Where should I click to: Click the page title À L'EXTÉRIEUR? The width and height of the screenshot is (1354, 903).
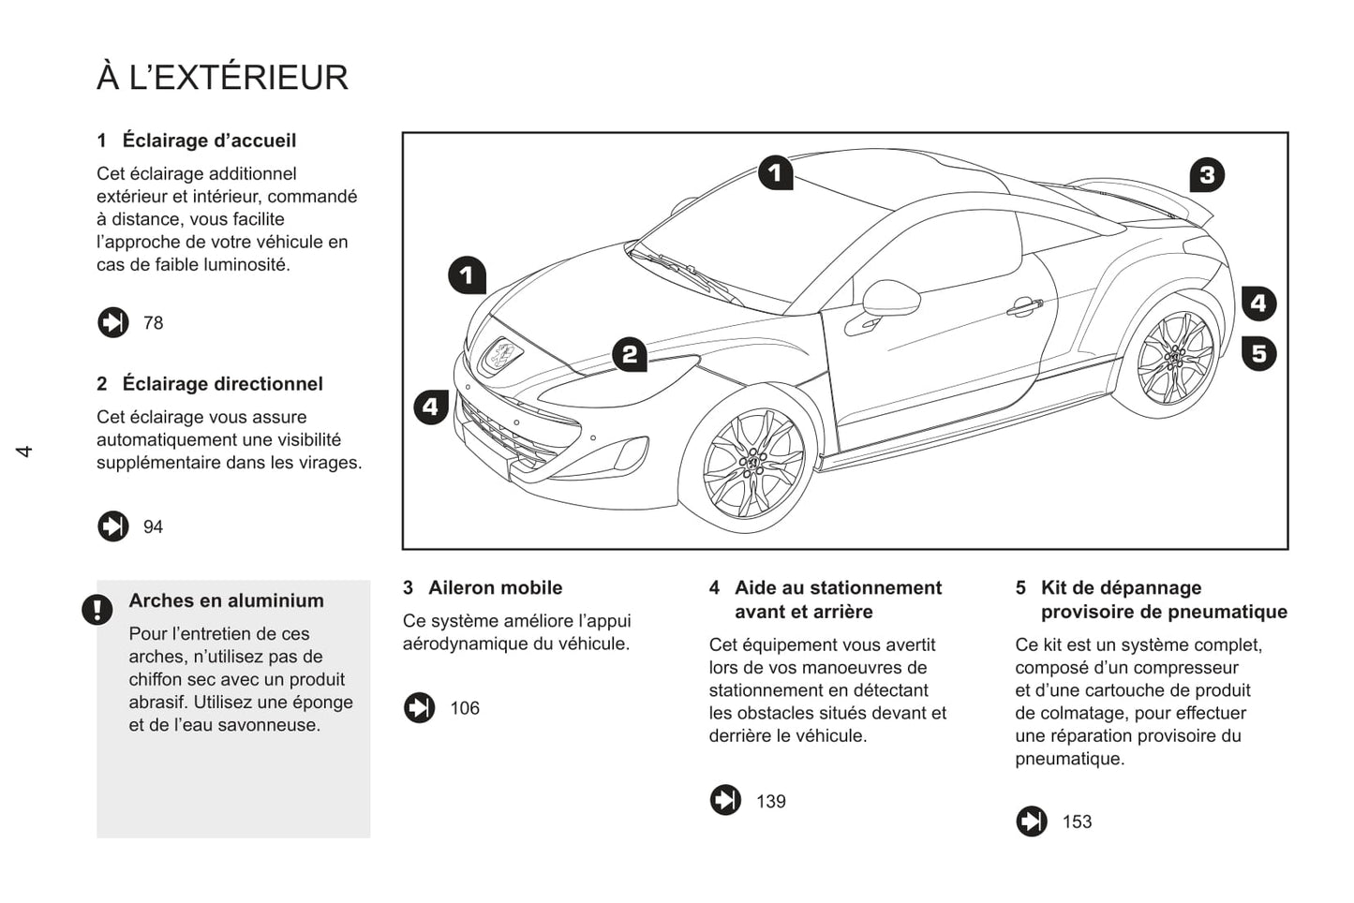[x=222, y=77]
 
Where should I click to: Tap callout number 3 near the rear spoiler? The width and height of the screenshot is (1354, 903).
[x=1207, y=175]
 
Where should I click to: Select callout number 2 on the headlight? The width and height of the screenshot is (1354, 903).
[x=630, y=354]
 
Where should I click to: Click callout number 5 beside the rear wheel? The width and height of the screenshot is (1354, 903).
[x=1259, y=353]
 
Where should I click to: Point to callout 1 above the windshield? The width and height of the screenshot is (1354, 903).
[x=776, y=173]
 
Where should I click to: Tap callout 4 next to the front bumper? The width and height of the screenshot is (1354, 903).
[x=431, y=407]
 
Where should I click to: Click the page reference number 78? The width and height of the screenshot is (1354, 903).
[x=153, y=323]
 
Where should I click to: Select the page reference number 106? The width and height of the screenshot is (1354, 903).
[x=464, y=708]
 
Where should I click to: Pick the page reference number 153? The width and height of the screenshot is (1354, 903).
[x=1078, y=822]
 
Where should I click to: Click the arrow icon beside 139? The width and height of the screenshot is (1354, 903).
[x=725, y=800]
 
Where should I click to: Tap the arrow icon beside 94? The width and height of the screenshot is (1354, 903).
[x=113, y=526]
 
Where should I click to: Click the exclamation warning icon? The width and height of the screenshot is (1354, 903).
[x=97, y=609]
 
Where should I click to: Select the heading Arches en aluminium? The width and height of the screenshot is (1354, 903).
[x=226, y=600]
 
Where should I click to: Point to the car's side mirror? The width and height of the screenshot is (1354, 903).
[x=891, y=298]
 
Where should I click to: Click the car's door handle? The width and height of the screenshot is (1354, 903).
[x=1024, y=306]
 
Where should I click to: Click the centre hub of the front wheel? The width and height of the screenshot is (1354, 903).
[x=753, y=463]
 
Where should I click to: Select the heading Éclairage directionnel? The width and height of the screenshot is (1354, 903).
[x=222, y=384]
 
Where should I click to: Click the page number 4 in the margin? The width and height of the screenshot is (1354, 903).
[x=24, y=451]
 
